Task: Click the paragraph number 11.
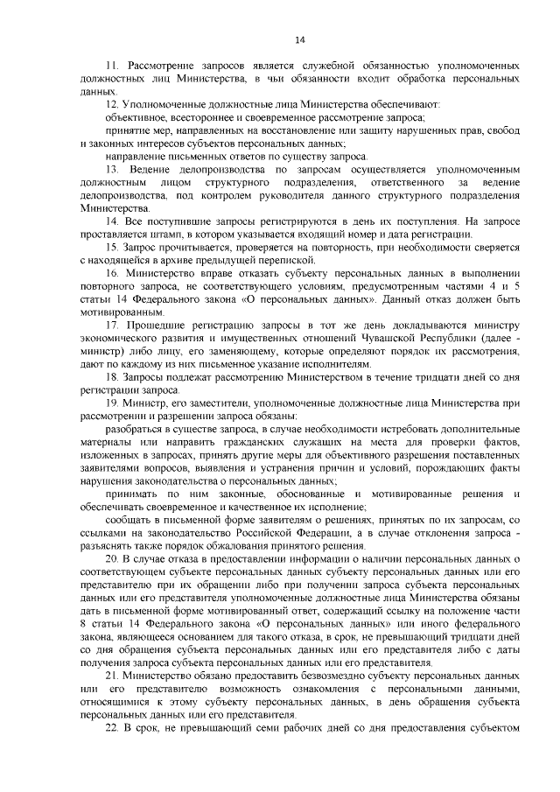pyautogui.click(x=111, y=67)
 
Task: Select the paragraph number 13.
pyautogui.click(x=112, y=169)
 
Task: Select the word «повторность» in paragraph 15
pyautogui.click(x=299, y=247)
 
